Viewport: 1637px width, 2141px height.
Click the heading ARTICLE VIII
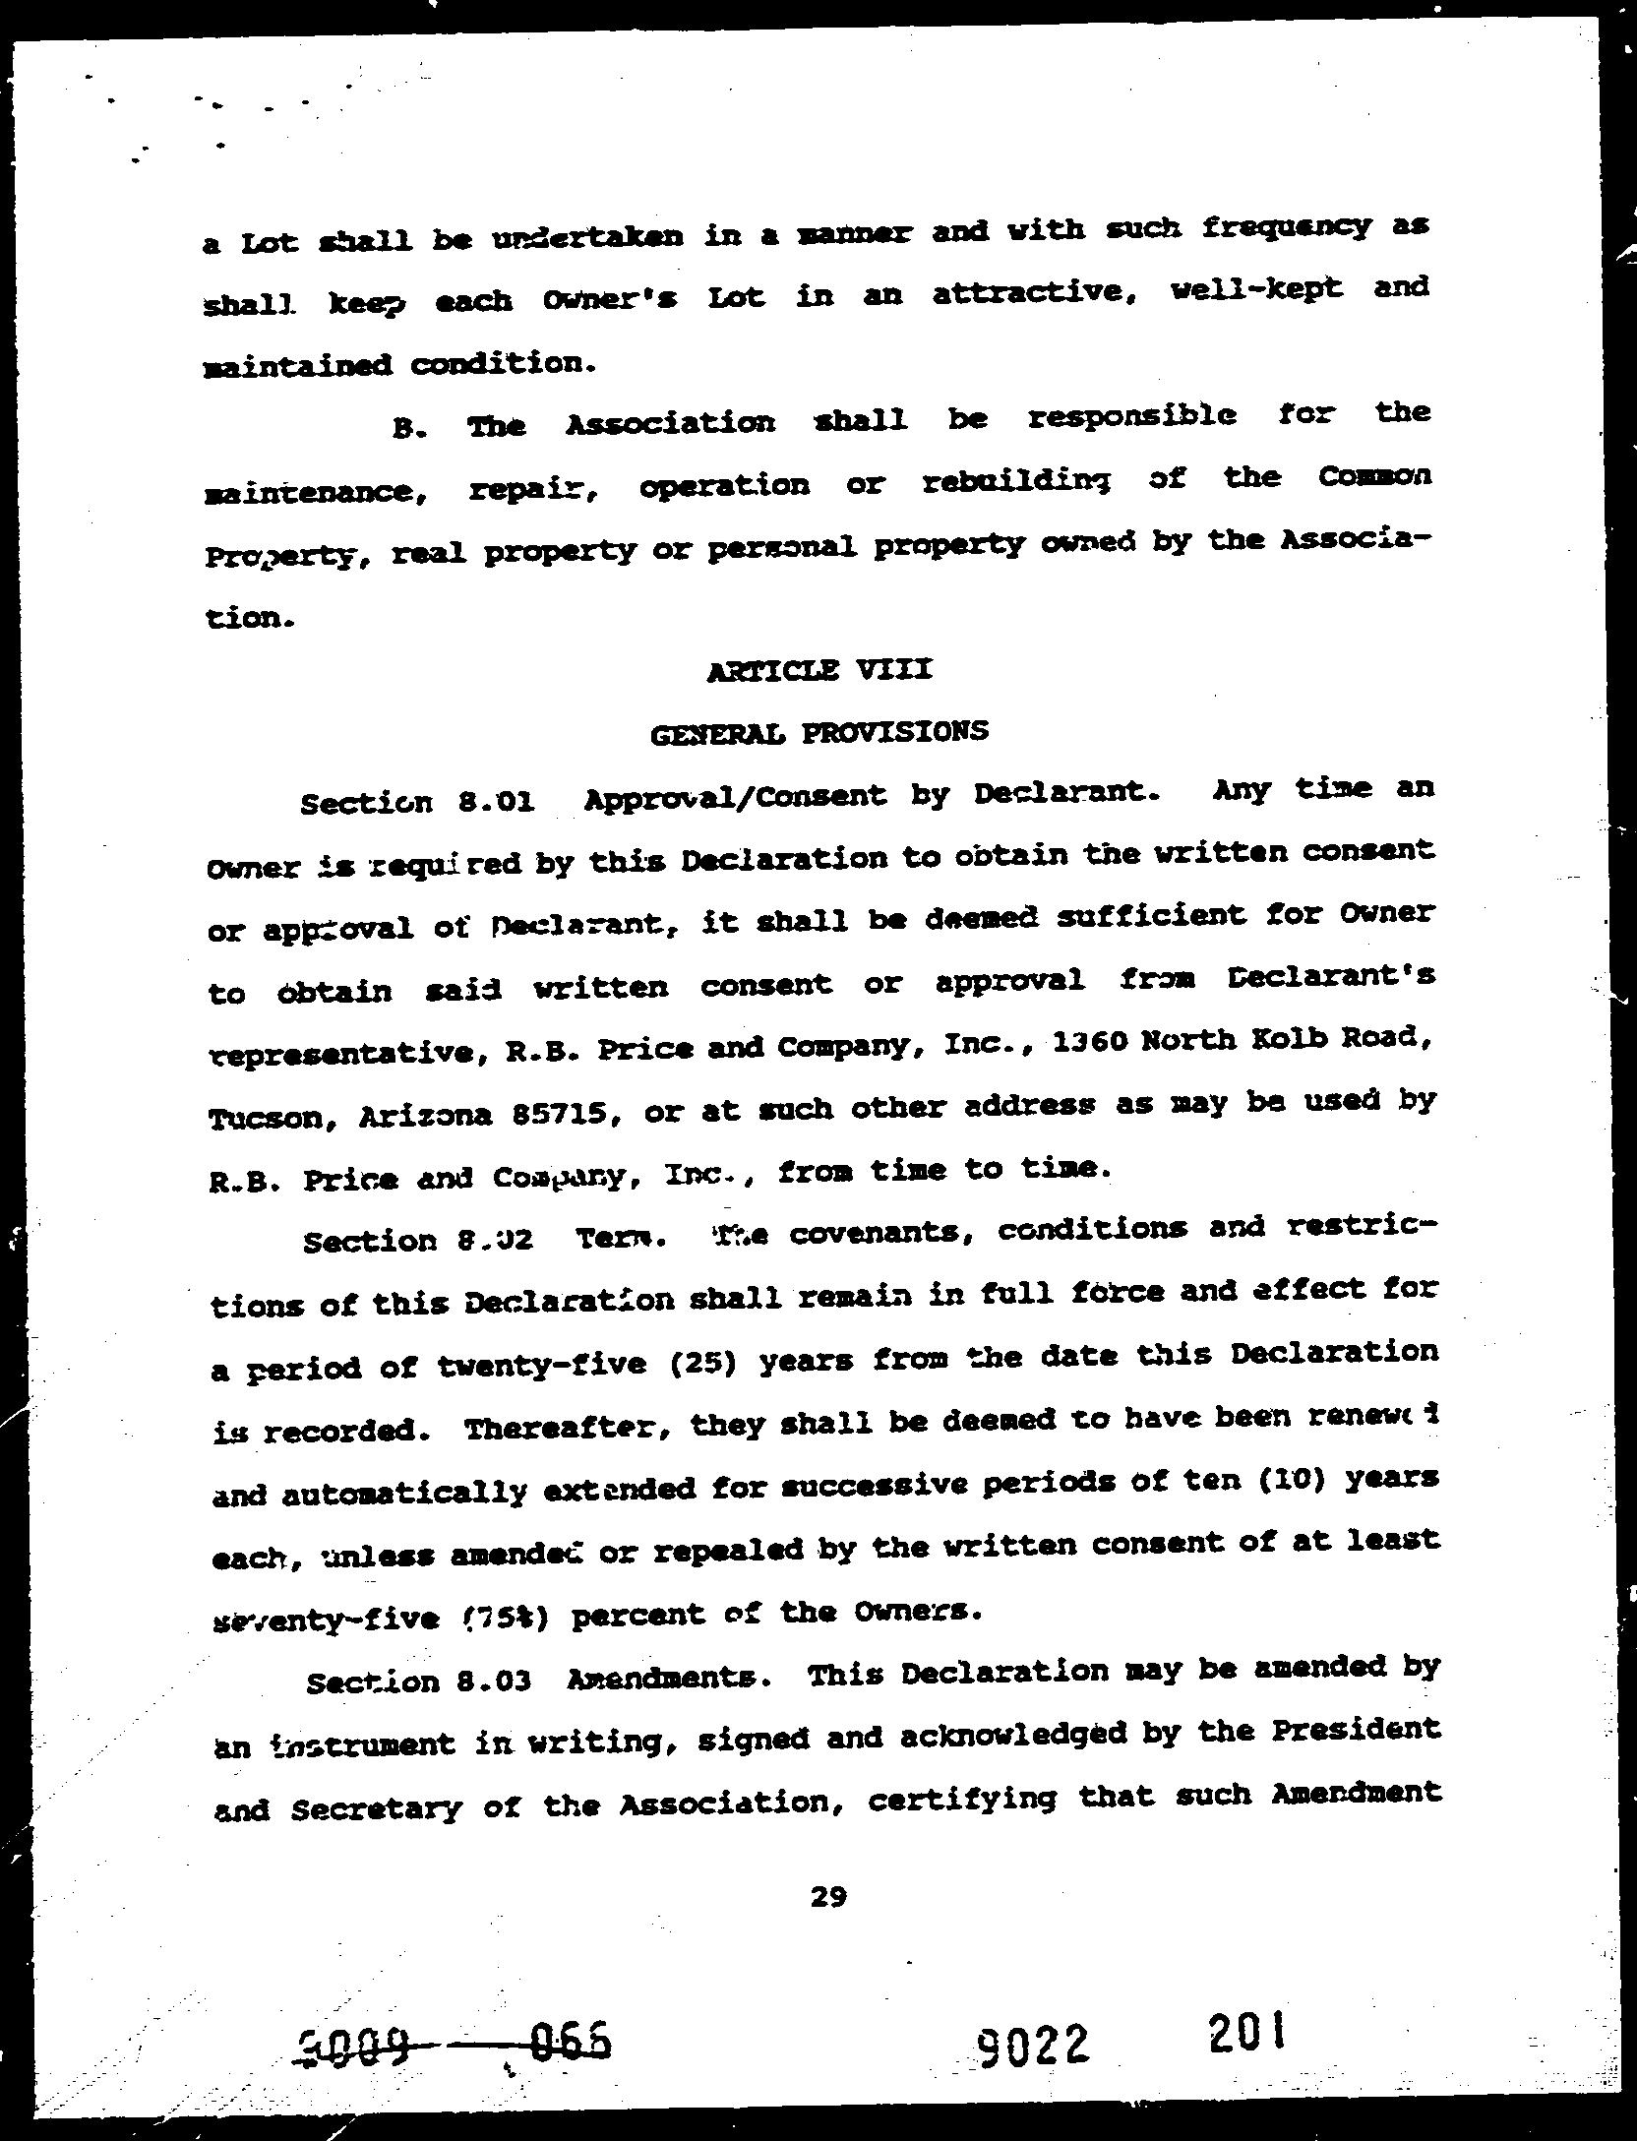click(818, 671)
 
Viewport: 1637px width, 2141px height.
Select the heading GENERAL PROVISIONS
click(819, 733)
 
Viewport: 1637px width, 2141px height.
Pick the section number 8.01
click(496, 802)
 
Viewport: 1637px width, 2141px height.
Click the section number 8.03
click(494, 1681)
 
